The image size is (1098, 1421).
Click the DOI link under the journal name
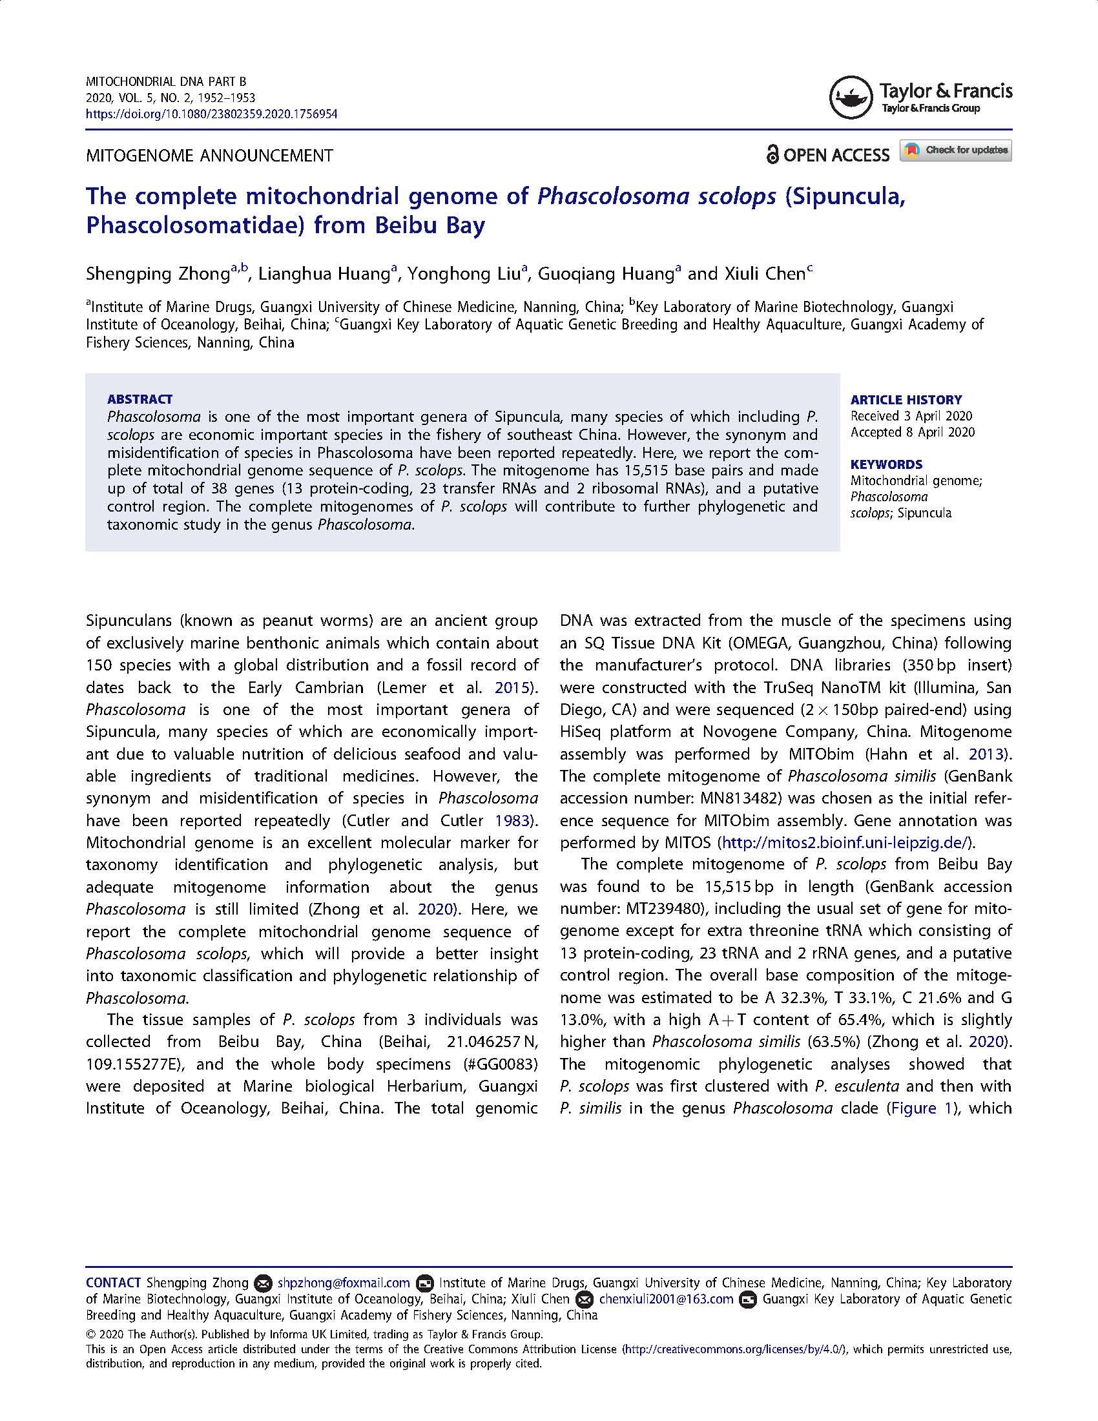coord(211,114)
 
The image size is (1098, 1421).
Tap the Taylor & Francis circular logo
coord(851,98)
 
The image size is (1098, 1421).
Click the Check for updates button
coord(955,150)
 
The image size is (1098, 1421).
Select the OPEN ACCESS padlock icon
coord(772,155)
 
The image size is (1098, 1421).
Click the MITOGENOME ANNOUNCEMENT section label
coord(209,156)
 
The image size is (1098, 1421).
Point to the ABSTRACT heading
coord(140,399)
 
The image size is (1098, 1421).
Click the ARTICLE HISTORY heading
coord(906,399)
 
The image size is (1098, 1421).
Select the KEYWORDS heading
coord(886,464)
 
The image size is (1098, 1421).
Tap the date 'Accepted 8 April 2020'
coord(912,432)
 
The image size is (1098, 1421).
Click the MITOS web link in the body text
coord(845,842)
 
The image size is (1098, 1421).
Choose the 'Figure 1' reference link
coord(924,1108)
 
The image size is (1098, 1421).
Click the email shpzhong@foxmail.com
coord(344,1283)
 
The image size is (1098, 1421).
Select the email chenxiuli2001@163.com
coord(666,1300)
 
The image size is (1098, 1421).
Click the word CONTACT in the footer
coord(113,1283)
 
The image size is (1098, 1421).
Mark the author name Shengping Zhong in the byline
coord(158,274)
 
